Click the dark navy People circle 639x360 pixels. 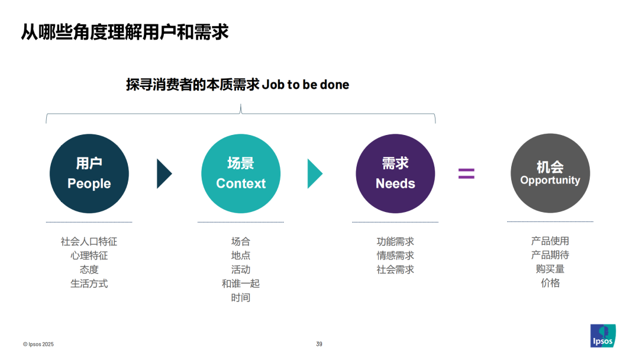tap(89, 173)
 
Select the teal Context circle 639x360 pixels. tap(241, 173)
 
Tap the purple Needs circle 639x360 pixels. tap(395, 173)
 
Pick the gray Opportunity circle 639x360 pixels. tap(550, 173)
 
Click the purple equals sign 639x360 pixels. tap(466, 173)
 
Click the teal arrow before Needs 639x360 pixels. tap(314, 173)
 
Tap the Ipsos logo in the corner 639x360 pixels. tap(603, 336)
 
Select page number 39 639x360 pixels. tap(319, 344)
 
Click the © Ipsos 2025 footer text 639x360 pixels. tap(38, 344)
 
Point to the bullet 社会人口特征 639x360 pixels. tap(89, 242)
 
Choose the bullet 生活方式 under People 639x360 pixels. tap(89, 284)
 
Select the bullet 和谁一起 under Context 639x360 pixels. tap(241, 284)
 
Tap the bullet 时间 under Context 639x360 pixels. tap(241, 298)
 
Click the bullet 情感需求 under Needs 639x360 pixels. tap(395, 256)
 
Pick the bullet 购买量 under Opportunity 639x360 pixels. tap(550, 269)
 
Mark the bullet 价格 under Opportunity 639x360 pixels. tap(550, 283)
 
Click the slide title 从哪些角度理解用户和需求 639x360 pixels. tap(124, 31)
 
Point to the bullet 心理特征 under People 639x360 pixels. tap(89, 256)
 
